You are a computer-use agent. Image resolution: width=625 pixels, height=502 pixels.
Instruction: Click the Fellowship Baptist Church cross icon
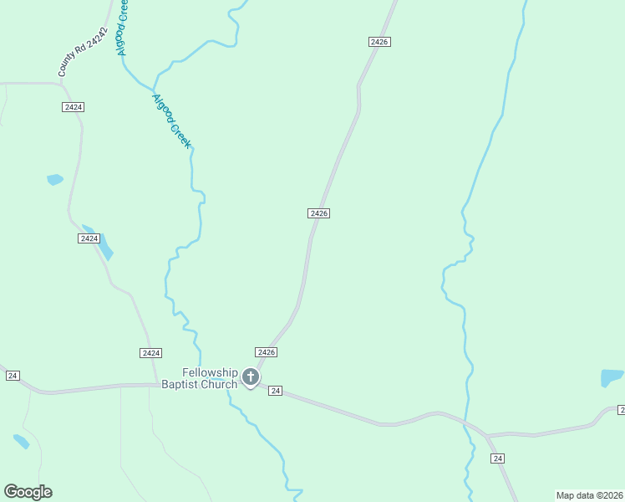pos(250,378)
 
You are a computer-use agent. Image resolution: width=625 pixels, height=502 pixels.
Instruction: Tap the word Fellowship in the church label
pos(211,373)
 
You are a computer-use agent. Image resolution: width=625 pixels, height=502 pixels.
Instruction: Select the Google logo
pos(28,492)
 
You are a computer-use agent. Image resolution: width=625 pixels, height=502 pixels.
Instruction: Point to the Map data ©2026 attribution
pos(590,495)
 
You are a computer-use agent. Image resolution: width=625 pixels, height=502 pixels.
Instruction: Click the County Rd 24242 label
pos(84,52)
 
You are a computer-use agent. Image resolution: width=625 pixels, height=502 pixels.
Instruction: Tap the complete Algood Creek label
pos(172,121)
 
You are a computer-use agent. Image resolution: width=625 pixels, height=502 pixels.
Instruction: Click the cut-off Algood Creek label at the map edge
pos(124,27)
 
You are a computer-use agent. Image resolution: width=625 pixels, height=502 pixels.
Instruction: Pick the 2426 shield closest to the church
pos(266,352)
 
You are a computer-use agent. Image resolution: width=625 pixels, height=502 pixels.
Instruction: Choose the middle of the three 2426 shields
pos(318,213)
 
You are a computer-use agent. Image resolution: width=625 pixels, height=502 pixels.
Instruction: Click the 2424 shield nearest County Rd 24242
pos(73,107)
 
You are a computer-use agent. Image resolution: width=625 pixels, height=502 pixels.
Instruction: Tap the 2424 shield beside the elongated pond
pos(89,238)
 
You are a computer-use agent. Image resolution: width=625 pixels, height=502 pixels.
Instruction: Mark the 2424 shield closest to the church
pos(151,353)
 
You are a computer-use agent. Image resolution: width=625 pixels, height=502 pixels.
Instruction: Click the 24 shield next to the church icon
pos(277,391)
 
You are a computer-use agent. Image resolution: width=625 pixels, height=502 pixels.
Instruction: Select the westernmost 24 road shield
pos(13,376)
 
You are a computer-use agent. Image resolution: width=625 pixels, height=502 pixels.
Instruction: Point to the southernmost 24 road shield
pos(498,458)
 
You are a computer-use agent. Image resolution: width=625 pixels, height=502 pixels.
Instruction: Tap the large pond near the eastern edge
pos(612,377)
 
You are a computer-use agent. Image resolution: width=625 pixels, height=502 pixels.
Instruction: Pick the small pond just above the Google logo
pos(21,441)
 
